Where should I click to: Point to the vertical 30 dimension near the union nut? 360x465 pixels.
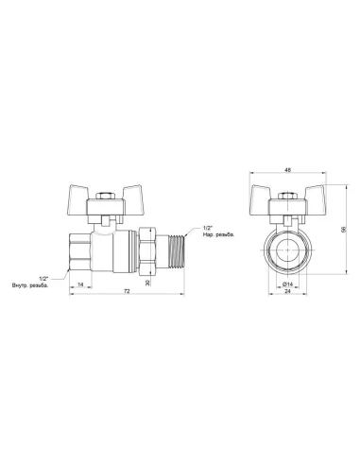[x=148, y=282]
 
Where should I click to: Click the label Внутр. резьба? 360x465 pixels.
[x=29, y=284]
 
